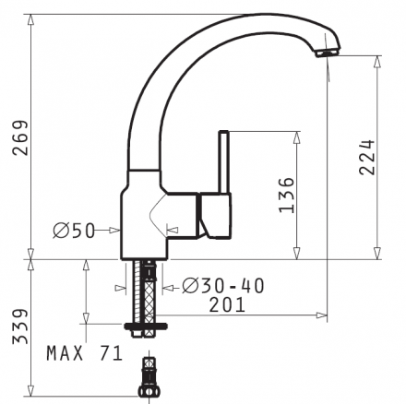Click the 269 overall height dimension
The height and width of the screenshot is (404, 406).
click(x=20, y=137)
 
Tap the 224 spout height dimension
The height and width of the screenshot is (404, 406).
click(x=367, y=158)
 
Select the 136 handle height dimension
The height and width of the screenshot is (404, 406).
click(x=286, y=196)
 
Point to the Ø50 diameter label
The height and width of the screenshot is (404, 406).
click(x=74, y=231)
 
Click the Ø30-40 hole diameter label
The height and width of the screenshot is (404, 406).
click(x=223, y=286)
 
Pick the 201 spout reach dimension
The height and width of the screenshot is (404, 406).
click(x=227, y=304)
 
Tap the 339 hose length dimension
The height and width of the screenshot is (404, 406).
click(x=20, y=327)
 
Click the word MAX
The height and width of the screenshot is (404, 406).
click(x=65, y=353)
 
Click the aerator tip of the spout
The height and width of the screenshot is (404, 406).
click(x=328, y=53)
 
